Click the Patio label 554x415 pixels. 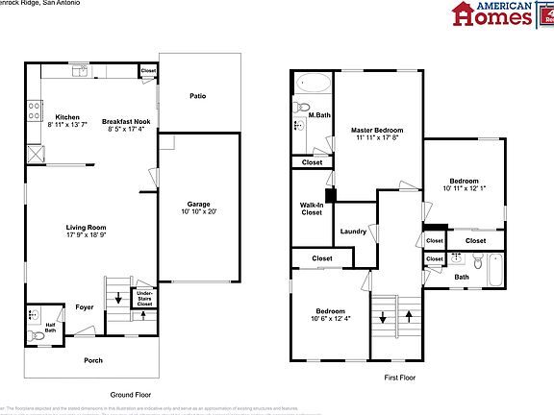[x=197, y=96]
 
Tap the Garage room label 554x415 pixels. [x=198, y=205]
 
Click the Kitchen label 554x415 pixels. [x=66, y=117]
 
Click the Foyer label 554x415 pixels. [x=84, y=307]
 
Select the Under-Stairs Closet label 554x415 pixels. [x=144, y=298]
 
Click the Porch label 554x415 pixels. [x=93, y=360]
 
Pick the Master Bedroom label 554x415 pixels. [x=376, y=130]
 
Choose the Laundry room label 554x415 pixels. [x=353, y=232]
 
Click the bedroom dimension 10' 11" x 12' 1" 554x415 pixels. [x=465, y=187]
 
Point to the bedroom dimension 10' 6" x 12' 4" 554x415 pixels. [x=329, y=318]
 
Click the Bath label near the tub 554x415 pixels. [x=462, y=278]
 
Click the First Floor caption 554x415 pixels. [x=398, y=378]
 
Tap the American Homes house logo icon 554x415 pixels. [x=466, y=14]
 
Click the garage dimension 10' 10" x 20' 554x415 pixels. [x=198, y=211]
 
